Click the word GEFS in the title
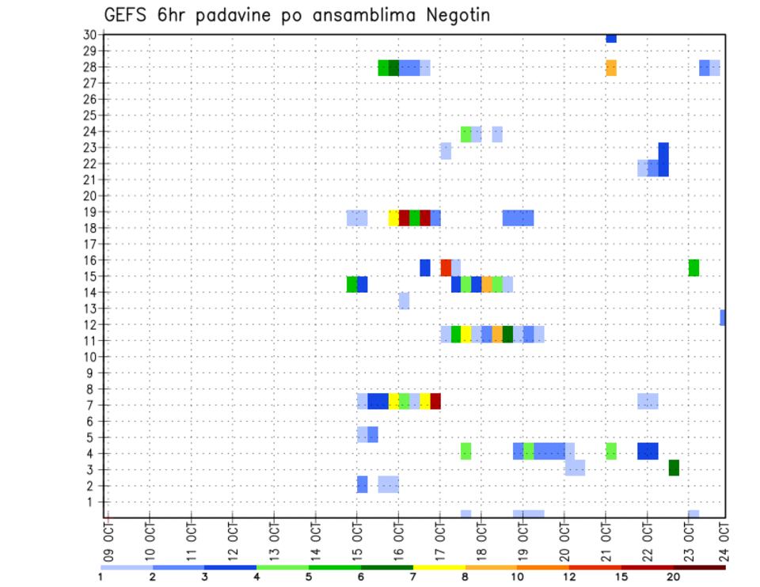[x=123, y=16]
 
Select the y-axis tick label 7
[x=92, y=405]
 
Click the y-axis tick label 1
[x=92, y=502]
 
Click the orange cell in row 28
[x=611, y=67]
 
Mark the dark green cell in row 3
[x=674, y=468]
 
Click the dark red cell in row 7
[x=435, y=401]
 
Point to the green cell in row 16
[x=694, y=267]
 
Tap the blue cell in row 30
[x=611, y=38]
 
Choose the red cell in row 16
[x=446, y=267]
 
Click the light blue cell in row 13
[x=404, y=300]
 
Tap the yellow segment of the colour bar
[x=439, y=567]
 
